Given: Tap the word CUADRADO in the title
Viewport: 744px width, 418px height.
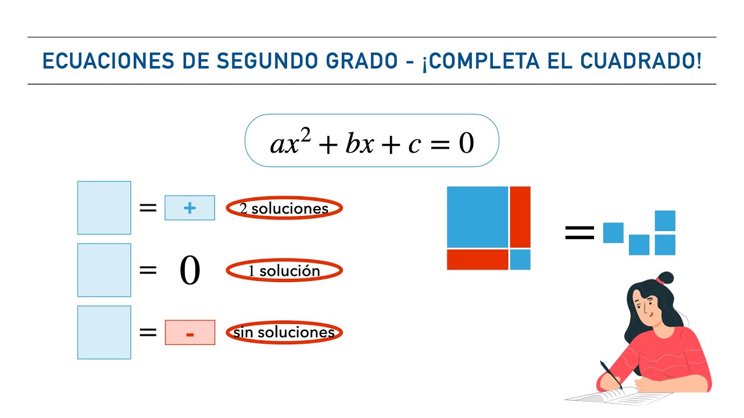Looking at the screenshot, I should click(643, 61).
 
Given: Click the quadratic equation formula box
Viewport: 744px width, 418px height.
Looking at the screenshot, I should click(372, 141).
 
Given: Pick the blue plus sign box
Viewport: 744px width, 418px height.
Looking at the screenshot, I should click(189, 208).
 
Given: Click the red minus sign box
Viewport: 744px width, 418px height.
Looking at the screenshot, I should click(189, 333).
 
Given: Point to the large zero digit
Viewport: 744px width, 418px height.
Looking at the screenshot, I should click(189, 271).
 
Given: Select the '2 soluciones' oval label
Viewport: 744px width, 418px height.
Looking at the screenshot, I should click(284, 208).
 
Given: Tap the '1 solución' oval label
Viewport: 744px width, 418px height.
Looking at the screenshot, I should click(284, 271).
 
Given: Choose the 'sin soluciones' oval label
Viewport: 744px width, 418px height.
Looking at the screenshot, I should click(284, 333).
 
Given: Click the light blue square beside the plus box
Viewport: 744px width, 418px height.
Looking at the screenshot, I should click(104, 208).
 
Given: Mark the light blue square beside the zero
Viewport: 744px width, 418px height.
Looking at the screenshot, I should click(104, 270).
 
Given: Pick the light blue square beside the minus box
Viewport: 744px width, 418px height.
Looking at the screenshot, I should click(104, 332).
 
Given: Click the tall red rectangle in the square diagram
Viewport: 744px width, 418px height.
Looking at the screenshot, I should click(520, 217).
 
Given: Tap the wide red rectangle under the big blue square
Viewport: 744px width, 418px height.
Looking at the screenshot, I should click(477, 260).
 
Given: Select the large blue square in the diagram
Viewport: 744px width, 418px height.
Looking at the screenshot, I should click(477, 217).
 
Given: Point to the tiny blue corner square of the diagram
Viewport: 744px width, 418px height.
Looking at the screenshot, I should click(520, 260).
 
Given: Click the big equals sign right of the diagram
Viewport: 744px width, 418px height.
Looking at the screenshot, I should click(580, 233).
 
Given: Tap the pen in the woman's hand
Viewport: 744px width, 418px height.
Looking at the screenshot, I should click(610, 374).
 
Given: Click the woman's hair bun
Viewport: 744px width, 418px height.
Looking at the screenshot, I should click(664, 279).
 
